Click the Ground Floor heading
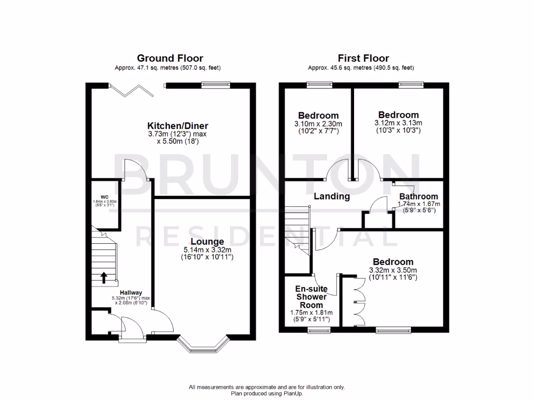click(x=170, y=58)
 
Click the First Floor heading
click(x=363, y=58)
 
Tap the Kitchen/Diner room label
click(x=178, y=126)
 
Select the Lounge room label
click(x=207, y=242)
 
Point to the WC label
click(x=104, y=196)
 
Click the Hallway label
click(x=130, y=293)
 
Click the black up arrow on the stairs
click(x=104, y=277)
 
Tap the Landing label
click(x=332, y=196)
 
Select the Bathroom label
click(x=419, y=196)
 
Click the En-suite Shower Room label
click(x=311, y=296)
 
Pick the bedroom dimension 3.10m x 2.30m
click(x=318, y=124)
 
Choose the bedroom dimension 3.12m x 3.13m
click(x=398, y=123)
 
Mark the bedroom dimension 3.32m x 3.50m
click(x=393, y=270)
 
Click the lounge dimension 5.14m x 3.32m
click(x=207, y=250)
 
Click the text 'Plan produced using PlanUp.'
click(x=267, y=394)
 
